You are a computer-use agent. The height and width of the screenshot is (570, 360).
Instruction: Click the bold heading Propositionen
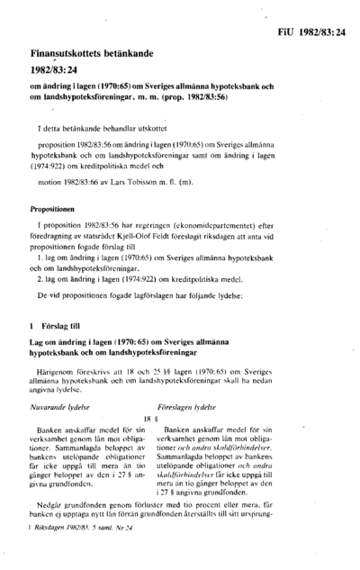point(54,209)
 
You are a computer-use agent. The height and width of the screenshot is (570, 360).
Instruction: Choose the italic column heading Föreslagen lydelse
point(187,407)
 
